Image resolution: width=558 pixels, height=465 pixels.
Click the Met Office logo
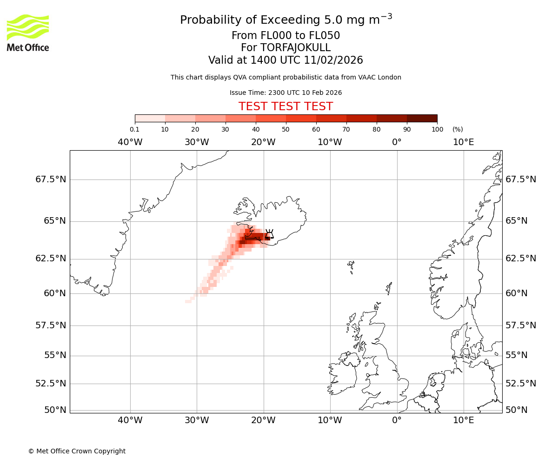(28, 33)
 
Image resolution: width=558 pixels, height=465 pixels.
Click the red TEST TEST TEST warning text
(286, 106)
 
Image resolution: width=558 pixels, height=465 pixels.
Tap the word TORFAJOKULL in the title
(286, 48)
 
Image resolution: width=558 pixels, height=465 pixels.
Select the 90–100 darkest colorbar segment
(422, 118)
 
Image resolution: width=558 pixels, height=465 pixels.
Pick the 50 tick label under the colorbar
(286, 129)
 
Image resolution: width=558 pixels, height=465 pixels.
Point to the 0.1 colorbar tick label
(134, 129)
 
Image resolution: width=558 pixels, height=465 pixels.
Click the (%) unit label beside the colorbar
(458, 129)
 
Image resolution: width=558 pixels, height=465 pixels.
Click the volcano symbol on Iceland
(269, 233)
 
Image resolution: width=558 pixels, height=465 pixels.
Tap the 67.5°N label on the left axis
(51, 179)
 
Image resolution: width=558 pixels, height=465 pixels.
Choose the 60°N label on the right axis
(517, 293)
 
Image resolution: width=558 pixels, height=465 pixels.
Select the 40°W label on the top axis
(130, 142)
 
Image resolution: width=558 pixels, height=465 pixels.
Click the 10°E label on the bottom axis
(463, 421)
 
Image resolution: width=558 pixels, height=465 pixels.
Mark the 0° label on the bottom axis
(397, 421)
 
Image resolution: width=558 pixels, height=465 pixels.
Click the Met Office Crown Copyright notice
(77, 451)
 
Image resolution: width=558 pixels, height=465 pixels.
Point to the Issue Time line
(286, 93)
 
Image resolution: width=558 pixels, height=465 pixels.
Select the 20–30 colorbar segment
(210, 118)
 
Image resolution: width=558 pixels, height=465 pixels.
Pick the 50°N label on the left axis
(54, 410)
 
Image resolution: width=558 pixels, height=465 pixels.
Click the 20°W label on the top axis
(263, 142)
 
